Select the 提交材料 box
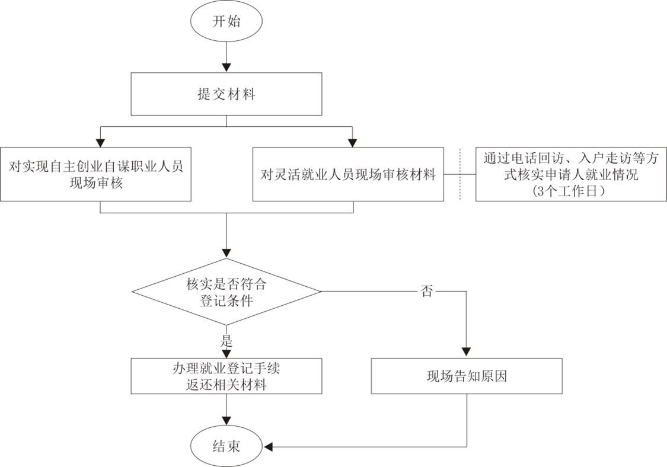pyautogui.click(x=226, y=94)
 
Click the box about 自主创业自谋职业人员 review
pyautogui.click(x=95, y=174)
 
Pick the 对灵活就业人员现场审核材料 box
pyautogui.click(x=348, y=174)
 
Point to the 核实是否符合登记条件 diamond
pyautogui.click(x=226, y=292)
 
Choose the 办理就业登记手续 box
pyautogui.click(x=226, y=376)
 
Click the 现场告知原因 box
pyautogui.click(x=467, y=376)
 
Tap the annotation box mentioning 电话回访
pyautogui.click(x=571, y=174)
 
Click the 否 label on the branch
pyautogui.click(x=426, y=292)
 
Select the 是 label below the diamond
pyautogui.click(x=226, y=342)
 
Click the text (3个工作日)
pyautogui.click(x=571, y=191)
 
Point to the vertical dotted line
pyautogui.click(x=460, y=174)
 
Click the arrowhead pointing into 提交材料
pyautogui.click(x=226, y=68)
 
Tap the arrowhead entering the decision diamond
pyautogui.click(x=226, y=253)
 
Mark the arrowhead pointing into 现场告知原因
pyautogui.click(x=467, y=353)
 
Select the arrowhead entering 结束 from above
pyautogui.click(x=226, y=422)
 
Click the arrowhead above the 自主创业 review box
pyautogui.click(x=100, y=142)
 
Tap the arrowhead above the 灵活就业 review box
pyautogui.click(x=353, y=142)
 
